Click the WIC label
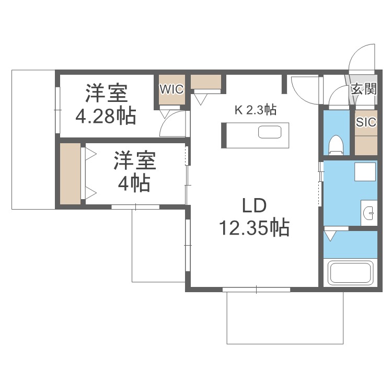coord(172,89)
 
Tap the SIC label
coord(366,122)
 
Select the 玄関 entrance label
coord(363,89)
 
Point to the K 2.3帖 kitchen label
coord(255,110)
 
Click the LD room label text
coord(255,205)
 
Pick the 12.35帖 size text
coord(254,228)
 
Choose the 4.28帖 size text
coord(106,116)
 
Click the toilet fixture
coord(336,144)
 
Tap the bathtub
coord(350,273)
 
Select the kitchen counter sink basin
coord(270,132)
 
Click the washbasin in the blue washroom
coord(368,213)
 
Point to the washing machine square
coord(365,172)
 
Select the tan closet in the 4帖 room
coord(70,174)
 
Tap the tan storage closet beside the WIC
coord(206,82)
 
